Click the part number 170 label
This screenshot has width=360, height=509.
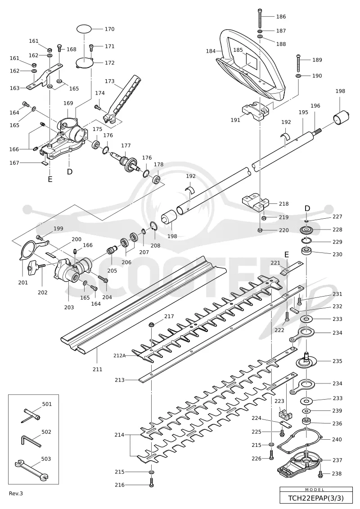tap(109, 29)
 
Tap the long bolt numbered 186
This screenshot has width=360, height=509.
tap(260, 18)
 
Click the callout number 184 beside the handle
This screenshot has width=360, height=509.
tap(211, 51)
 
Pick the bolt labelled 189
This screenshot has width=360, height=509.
tap(298, 63)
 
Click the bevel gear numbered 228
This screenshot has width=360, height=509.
tap(307, 230)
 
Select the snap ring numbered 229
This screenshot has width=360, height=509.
tap(306, 240)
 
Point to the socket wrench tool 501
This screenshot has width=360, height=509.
tap(31, 415)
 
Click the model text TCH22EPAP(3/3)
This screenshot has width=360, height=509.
tap(316, 498)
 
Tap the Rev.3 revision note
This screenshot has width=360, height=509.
tap(16, 493)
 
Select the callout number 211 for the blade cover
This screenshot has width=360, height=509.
tap(97, 369)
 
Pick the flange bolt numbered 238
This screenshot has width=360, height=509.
tap(320, 474)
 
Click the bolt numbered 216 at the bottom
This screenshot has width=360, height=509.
tap(152, 482)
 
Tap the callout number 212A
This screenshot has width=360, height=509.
tap(119, 356)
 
